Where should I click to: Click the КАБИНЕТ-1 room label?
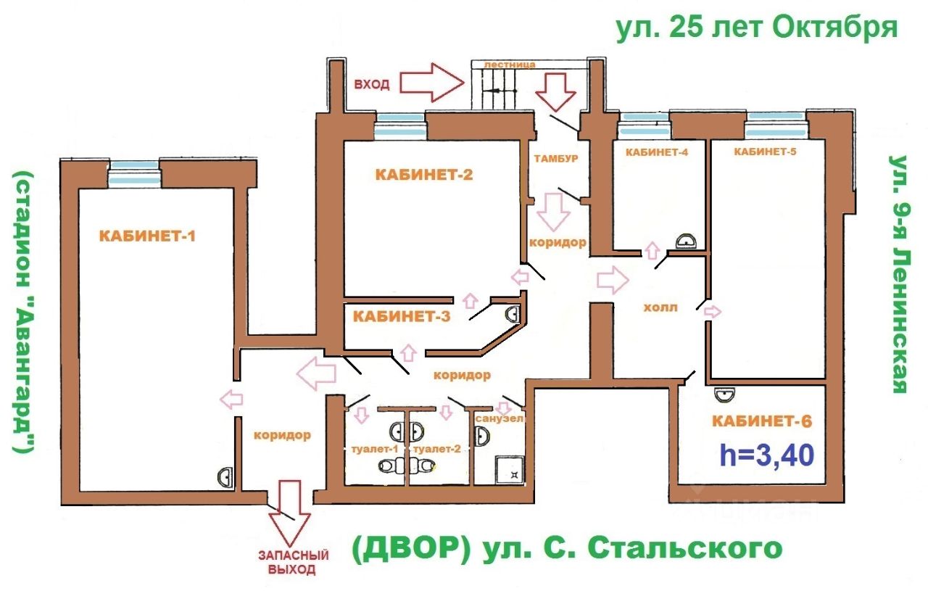click(147, 236)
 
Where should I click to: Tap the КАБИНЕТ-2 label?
click(424, 175)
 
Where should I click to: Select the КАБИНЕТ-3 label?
click(402, 317)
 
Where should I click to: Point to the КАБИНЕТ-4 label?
click(657, 152)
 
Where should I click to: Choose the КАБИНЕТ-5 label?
click(765, 152)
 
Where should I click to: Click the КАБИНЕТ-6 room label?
click(762, 421)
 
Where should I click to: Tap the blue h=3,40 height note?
click(767, 455)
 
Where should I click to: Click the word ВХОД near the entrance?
click(372, 85)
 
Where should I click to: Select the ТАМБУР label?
click(555, 158)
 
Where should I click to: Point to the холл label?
click(660, 307)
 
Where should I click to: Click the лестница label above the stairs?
click(510, 65)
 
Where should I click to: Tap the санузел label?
click(500, 418)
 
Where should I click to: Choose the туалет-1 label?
click(375, 449)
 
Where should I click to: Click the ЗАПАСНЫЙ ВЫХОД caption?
click(294, 563)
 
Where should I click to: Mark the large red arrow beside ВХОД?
click(431, 83)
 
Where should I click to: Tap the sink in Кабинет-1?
click(225, 476)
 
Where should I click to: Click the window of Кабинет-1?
click(134, 174)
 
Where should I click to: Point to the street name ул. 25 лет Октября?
click(757, 28)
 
